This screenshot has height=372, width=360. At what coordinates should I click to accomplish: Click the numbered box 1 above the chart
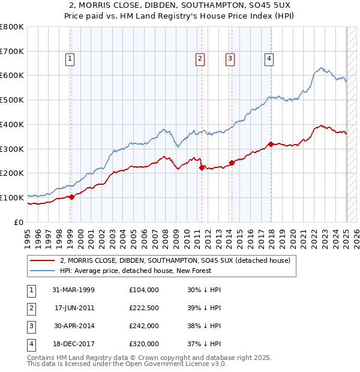(x=70, y=58)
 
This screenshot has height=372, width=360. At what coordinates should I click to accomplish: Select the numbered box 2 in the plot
(x=200, y=58)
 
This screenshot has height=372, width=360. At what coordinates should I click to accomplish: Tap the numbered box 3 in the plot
(x=230, y=58)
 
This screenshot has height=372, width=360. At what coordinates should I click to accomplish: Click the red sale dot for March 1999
(x=71, y=196)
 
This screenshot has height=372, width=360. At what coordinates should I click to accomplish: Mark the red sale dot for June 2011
(x=202, y=167)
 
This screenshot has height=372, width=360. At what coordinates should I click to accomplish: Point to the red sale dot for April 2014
(x=232, y=163)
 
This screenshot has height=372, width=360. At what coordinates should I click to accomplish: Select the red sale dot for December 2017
(x=271, y=143)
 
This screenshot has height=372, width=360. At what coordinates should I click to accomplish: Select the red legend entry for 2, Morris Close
(x=175, y=260)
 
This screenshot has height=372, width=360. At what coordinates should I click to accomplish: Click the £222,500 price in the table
(x=144, y=307)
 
